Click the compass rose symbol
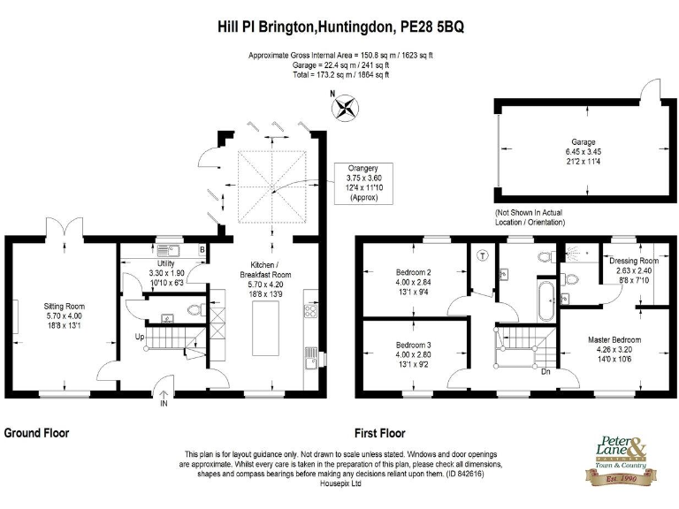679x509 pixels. click(344, 108)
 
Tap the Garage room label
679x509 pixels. click(583, 152)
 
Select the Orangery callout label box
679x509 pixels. click(362, 184)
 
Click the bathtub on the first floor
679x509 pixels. click(544, 304)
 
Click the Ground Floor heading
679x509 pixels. click(37, 433)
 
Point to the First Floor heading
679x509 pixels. click(379, 434)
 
